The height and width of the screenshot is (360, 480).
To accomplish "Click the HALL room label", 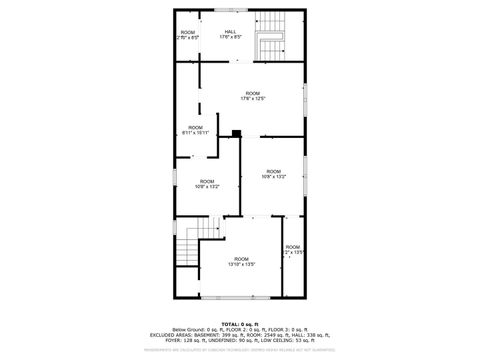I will pyautogui.click(x=231, y=31).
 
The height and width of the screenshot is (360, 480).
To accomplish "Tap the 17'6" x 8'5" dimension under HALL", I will pyautogui.click(x=231, y=38).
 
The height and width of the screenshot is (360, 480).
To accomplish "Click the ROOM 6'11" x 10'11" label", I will pyautogui.click(x=196, y=130).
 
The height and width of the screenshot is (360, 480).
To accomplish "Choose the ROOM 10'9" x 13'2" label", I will pyautogui.click(x=206, y=183).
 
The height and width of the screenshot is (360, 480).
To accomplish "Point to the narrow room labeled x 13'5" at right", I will pyautogui.click(x=292, y=249).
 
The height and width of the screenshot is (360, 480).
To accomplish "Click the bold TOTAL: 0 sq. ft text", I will pyautogui.click(x=240, y=323).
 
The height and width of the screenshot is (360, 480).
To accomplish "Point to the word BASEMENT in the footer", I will pyautogui.click(x=207, y=334).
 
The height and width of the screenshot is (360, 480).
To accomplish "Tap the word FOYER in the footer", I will pyautogui.click(x=157, y=340).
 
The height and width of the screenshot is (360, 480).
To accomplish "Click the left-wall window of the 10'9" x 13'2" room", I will pyautogui.click(x=176, y=176).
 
